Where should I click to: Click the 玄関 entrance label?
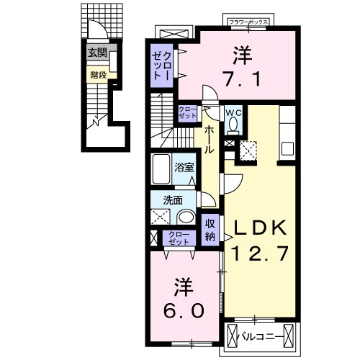[x=98, y=53]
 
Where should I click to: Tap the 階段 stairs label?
[x=98, y=73]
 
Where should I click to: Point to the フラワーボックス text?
[x=248, y=22]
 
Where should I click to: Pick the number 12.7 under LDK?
[x=260, y=253]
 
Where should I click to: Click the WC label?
[x=233, y=112]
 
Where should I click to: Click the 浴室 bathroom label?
[x=184, y=168]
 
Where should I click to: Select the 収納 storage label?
[x=210, y=230]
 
